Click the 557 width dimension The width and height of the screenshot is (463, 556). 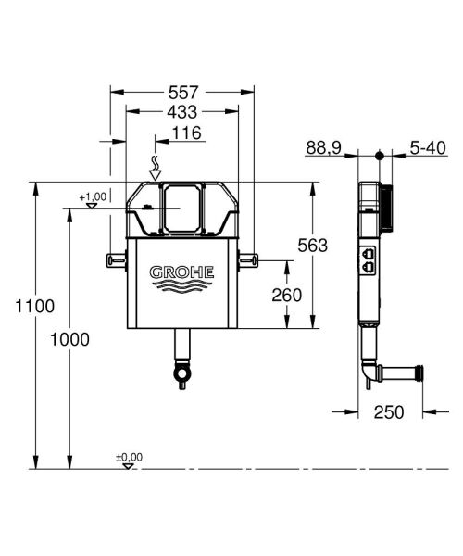182,92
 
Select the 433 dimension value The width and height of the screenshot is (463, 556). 182,113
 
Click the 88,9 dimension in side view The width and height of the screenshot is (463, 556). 322,147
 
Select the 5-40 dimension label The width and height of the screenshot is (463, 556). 429,147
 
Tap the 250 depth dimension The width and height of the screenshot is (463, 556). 388,412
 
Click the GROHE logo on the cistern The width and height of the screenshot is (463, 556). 182,272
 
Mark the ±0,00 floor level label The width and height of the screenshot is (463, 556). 129,457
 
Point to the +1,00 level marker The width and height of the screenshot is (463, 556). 94,197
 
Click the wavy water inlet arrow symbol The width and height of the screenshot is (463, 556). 156,167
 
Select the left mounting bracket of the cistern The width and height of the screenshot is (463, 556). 117,261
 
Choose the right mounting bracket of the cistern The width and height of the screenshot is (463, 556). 247,261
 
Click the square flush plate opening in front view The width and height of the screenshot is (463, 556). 182,207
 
